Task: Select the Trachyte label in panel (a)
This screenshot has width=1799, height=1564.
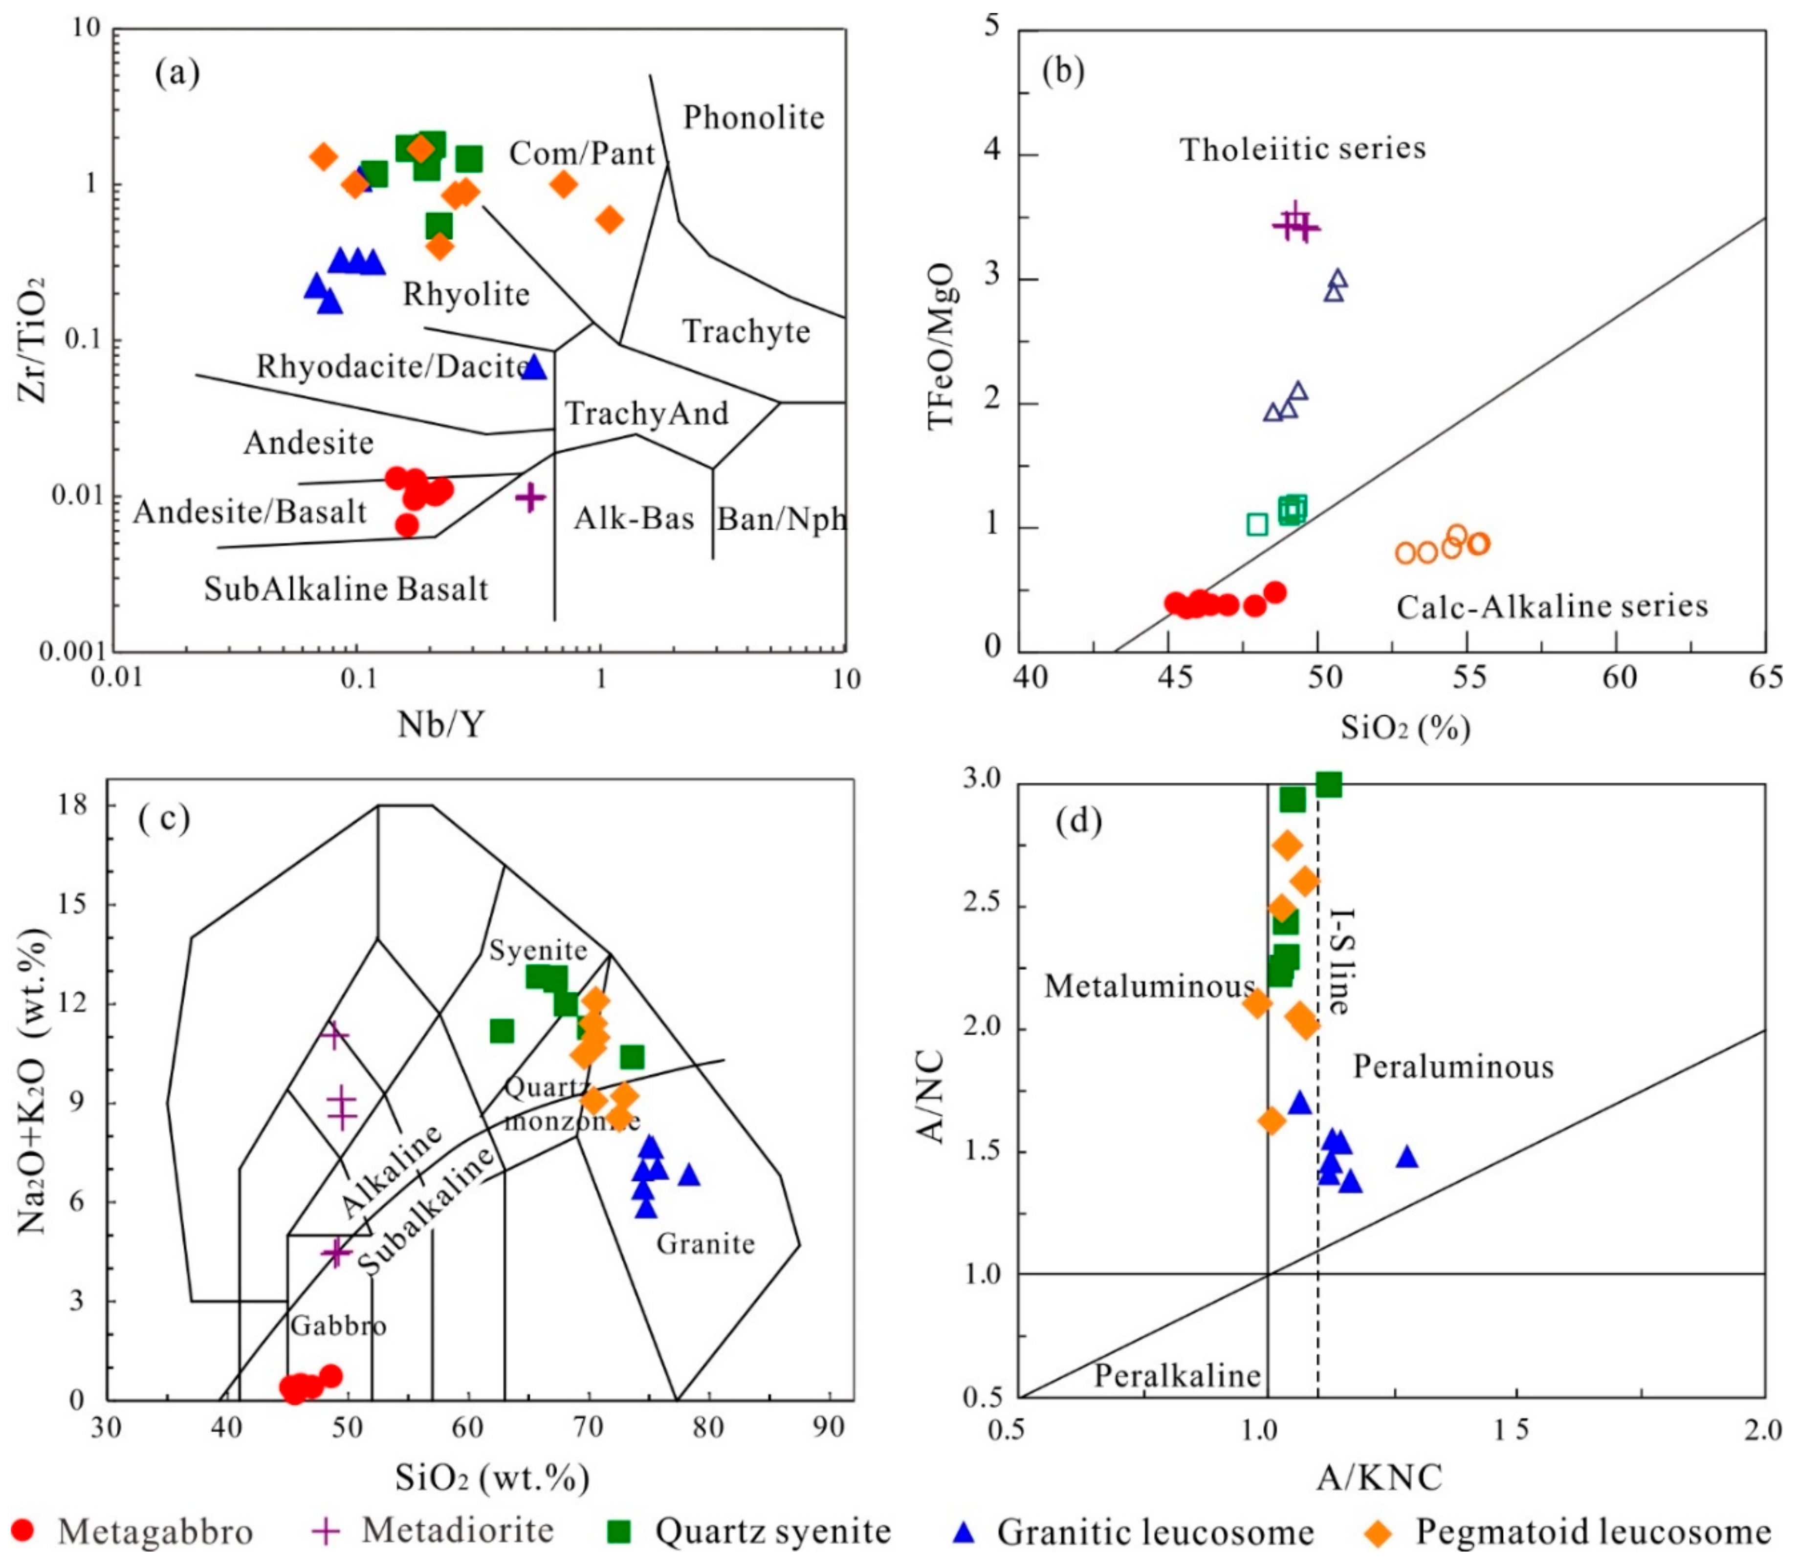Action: [x=746, y=332]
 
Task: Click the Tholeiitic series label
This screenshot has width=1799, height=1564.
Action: [x=1302, y=149]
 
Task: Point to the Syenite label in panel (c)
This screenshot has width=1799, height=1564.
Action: [x=538, y=950]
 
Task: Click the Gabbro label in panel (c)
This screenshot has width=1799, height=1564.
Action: [x=338, y=1325]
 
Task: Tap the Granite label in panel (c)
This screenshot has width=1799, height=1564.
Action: [x=705, y=1243]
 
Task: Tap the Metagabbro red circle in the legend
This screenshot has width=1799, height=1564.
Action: [x=25, y=1531]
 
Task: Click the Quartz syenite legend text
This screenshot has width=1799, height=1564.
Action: [x=773, y=1531]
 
